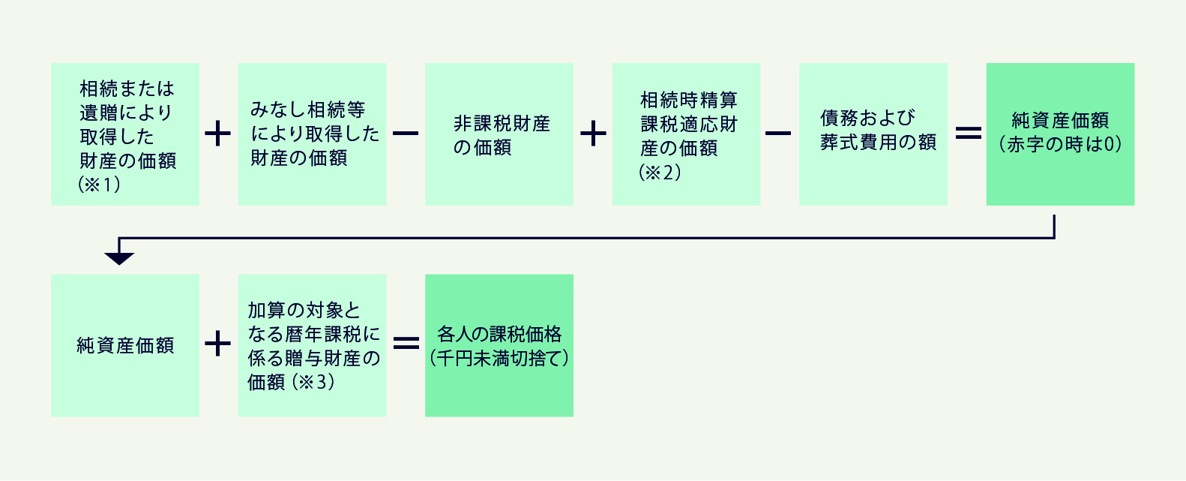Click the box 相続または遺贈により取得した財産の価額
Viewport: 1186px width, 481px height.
tap(124, 134)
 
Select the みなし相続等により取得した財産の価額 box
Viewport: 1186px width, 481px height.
tap(312, 134)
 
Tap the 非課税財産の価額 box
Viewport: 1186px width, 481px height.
tap(499, 134)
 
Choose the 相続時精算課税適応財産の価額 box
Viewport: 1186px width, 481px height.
tap(686, 134)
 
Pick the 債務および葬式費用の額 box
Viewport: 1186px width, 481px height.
tap(873, 134)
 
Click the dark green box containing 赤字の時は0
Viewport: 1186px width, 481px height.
tap(1060, 134)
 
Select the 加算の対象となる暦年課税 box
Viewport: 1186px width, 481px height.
tap(312, 345)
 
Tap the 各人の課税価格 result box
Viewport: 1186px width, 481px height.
tap(499, 345)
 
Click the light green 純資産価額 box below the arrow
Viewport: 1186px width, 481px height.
tap(124, 345)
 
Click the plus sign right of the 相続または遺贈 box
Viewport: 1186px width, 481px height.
tap(218, 134)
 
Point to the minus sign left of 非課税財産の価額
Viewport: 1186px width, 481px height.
tap(406, 134)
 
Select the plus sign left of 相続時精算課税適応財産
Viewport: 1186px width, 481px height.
tap(593, 134)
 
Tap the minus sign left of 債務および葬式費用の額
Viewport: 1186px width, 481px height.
tap(779, 134)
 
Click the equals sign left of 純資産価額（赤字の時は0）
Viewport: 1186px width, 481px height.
tap(968, 133)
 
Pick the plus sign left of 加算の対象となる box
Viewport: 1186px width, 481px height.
tap(218, 344)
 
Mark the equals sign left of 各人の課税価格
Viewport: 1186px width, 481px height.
tap(406, 344)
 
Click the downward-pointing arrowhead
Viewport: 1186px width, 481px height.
tap(119, 258)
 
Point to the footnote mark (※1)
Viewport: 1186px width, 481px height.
tap(100, 185)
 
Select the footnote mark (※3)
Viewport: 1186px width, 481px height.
tap(313, 382)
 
